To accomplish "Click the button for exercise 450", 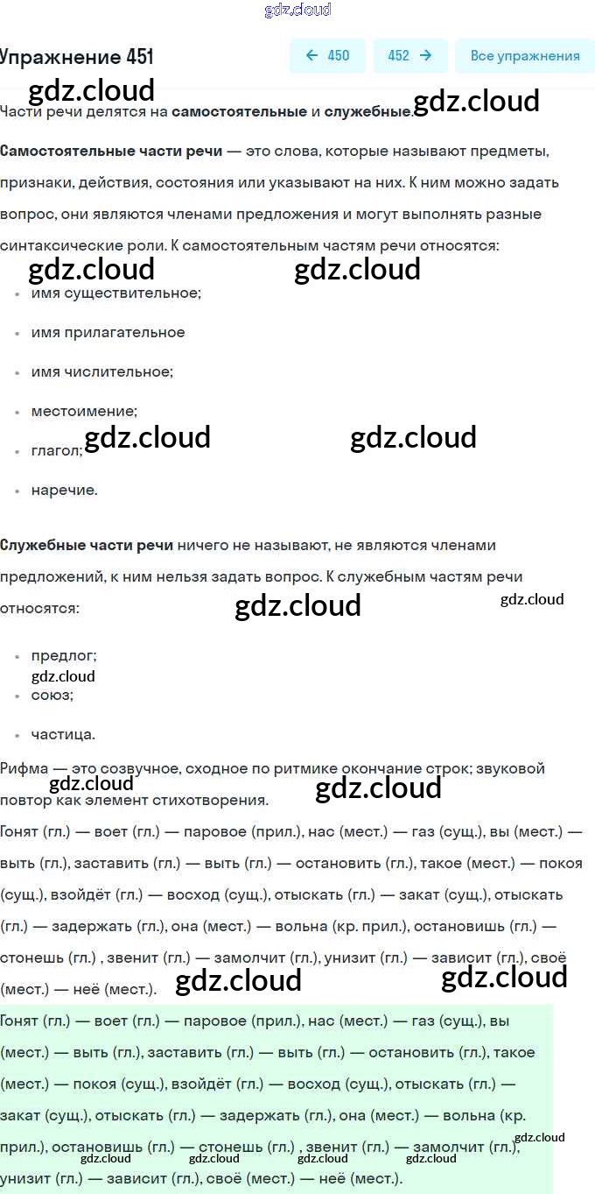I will pos(327,56).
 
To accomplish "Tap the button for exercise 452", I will pos(409,56).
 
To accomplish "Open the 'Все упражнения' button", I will pos(524,56).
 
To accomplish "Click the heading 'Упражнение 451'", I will pos(77,57).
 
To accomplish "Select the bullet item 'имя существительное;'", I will pos(116,293).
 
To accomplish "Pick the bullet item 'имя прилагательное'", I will pos(108,332).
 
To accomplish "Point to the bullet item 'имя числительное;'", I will pos(102,371).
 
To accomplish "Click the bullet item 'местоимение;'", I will pos(84,411).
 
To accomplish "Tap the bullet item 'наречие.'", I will pos(64,490).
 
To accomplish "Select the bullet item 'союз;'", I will pos(52,695).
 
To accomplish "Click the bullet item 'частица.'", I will pos(63,734).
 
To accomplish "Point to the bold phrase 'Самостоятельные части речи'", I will pos(111,151).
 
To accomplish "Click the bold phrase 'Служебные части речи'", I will pos(87,545).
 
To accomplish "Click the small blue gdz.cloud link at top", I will pos(297,10).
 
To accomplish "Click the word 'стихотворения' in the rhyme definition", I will pos(218,800).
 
